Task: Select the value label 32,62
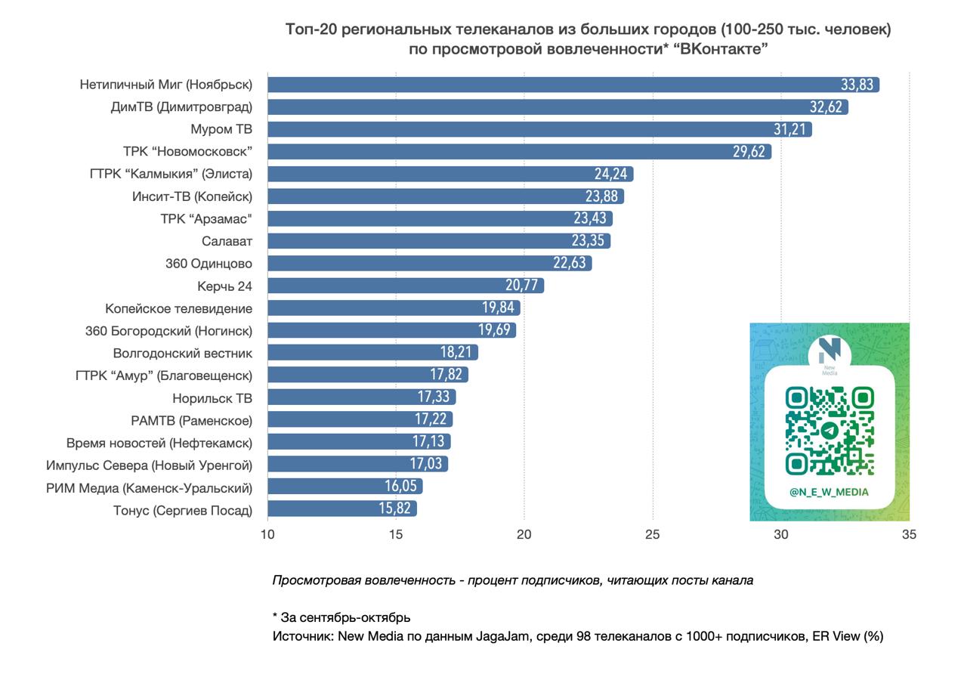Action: pyautogui.click(x=826, y=107)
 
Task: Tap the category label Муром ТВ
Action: pyautogui.click(x=221, y=129)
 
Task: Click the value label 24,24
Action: pyautogui.click(x=611, y=175)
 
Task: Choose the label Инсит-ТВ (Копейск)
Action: pyautogui.click(x=192, y=196)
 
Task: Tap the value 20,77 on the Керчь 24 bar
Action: pyautogui.click(x=522, y=286)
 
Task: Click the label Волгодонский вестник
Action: pyautogui.click(x=183, y=353)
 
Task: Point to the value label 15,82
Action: pyautogui.click(x=394, y=509)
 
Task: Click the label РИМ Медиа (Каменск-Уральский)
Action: pyautogui.click(x=150, y=487)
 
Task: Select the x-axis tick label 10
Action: pyautogui.click(x=267, y=535)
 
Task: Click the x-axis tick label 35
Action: pyautogui.click(x=910, y=535)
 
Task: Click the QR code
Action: pyautogui.click(x=830, y=431)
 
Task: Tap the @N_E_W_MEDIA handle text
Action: pyautogui.click(x=829, y=492)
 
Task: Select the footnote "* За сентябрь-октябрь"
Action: pyautogui.click(x=341, y=617)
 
